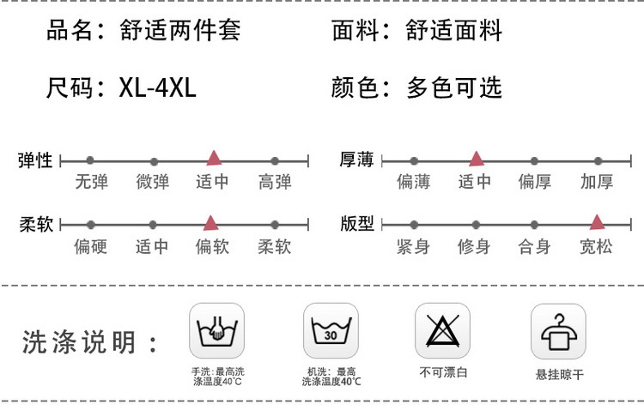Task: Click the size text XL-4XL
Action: (x=158, y=87)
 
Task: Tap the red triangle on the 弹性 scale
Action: (x=214, y=158)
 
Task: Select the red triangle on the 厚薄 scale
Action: (x=476, y=158)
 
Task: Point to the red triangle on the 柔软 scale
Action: (x=210, y=223)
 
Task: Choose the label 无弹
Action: (x=91, y=182)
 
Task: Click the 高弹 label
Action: (x=275, y=182)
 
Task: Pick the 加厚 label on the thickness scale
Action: (x=597, y=182)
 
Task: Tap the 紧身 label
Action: (x=413, y=247)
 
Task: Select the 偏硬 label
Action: (x=90, y=247)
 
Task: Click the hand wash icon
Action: (x=216, y=330)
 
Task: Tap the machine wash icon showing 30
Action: (x=330, y=330)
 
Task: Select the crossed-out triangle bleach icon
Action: (x=443, y=330)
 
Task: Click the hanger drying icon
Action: (x=558, y=330)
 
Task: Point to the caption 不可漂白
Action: (x=443, y=372)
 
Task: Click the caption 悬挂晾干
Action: (x=559, y=374)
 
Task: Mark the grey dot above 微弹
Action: (x=154, y=160)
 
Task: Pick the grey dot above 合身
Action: (x=534, y=225)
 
